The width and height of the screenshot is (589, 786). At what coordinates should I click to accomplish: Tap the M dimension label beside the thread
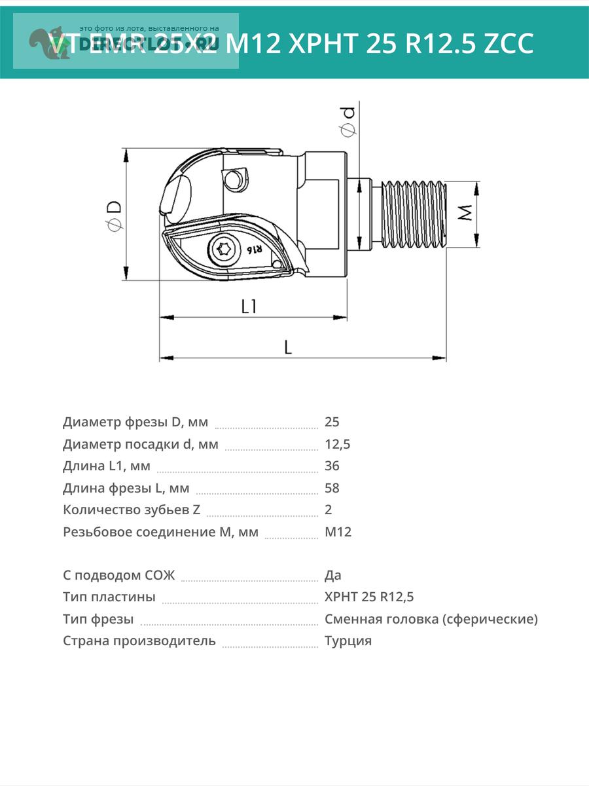click(465, 213)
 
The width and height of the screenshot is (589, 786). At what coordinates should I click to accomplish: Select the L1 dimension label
click(249, 306)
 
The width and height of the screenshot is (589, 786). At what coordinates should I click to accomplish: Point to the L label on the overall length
click(288, 347)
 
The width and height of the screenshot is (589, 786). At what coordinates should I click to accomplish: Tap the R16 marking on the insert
click(254, 250)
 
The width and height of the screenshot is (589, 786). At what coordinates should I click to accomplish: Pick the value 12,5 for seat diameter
click(338, 444)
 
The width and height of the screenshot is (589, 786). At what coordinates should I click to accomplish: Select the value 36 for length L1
click(332, 466)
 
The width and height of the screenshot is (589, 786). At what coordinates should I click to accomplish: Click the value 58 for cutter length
click(332, 488)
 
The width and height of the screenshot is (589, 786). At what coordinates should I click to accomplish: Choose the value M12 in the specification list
click(338, 532)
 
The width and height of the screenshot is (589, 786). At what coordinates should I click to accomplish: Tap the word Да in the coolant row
click(333, 576)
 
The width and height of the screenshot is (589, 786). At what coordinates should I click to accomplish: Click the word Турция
click(348, 641)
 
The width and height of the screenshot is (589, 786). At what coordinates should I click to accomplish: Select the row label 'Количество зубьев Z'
click(132, 510)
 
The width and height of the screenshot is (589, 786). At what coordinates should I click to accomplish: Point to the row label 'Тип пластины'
click(109, 597)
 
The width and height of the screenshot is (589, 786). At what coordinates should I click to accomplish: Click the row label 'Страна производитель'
click(139, 641)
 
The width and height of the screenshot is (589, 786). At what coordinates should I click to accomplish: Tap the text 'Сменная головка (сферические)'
click(431, 619)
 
